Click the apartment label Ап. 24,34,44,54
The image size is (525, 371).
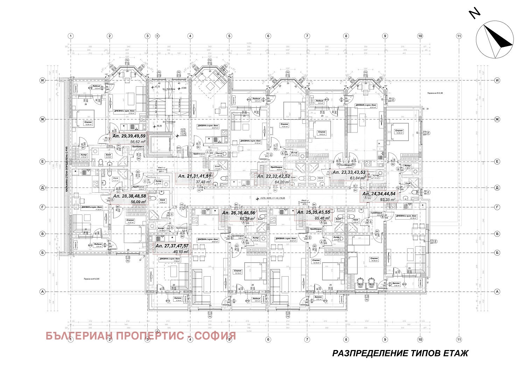[x=379, y=194]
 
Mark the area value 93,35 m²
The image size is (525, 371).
[x=387, y=200]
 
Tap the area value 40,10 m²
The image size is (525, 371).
[x=181, y=251]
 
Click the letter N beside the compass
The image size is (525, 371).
[x=475, y=13]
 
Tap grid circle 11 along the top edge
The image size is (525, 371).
[x=459, y=36]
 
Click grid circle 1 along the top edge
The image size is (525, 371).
[x=71, y=36]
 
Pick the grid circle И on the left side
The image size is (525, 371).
[x=43, y=80]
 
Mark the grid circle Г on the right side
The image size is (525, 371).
[x=497, y=207]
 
